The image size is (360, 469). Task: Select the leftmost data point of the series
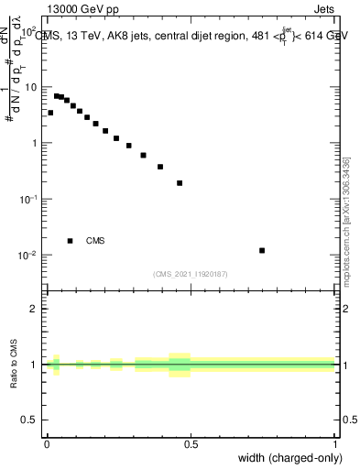click(50, 113)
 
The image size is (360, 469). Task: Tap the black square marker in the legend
click(71, 241)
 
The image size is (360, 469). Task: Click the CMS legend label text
click(95, 241)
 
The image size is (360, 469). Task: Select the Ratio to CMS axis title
click(15, 365)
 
